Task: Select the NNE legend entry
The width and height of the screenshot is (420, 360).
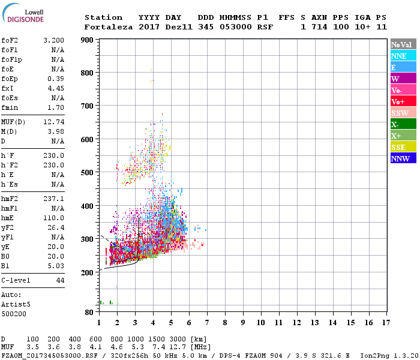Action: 403,56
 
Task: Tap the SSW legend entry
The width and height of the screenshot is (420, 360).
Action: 403,113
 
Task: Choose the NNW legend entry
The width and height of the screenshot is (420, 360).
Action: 403,158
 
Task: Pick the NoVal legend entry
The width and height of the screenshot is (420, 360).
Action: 403,44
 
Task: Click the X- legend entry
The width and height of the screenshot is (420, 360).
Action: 403,124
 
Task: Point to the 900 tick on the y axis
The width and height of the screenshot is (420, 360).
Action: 86,40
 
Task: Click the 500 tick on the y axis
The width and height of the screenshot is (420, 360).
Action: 86,172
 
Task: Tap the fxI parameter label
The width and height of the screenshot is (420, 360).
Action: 7,88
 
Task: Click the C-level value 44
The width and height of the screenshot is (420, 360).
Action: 60,280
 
